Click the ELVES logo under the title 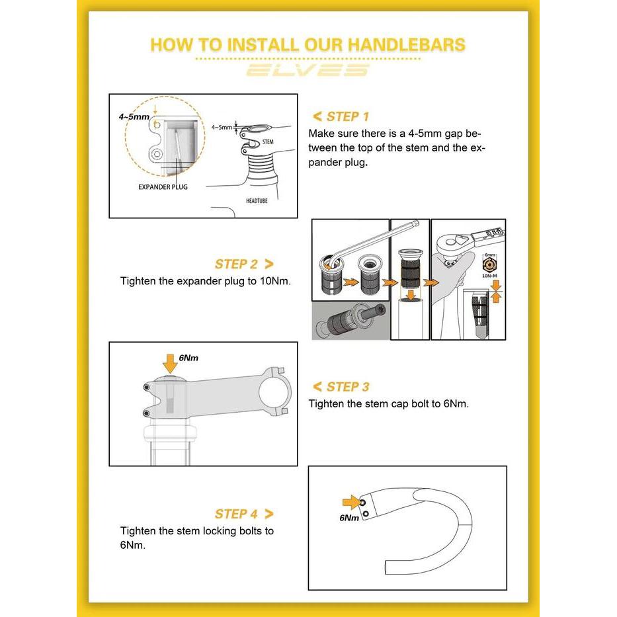coord(308,70)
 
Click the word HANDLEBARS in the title coord(407,44)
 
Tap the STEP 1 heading coord(347,116)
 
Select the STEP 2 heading coord(236,264)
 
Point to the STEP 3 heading coord(348,387)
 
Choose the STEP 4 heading coord(236,514)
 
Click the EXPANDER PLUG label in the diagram coord(163,187)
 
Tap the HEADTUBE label coord(257,200)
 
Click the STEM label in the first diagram coord(268,142)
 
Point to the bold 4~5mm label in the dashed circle coord(134,117)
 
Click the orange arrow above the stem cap coord(170,364)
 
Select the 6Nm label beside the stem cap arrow coord(188,358)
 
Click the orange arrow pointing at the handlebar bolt coord(351,503)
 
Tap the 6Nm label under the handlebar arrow coord(349,518)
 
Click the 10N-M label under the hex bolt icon coord(489,276)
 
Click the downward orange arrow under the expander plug coord(411,295)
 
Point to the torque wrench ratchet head coord(450,241)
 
